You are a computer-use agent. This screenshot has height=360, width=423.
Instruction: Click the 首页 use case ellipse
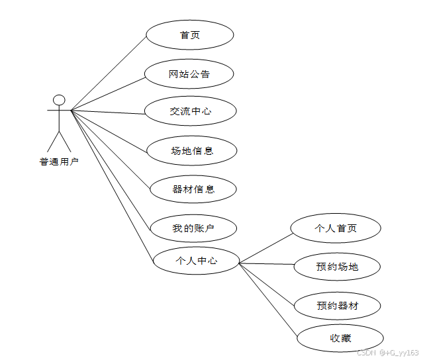pyautogui.click(x=189, y=35)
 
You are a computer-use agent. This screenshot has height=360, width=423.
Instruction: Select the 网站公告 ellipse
pyautogui.click(x=189, y=74)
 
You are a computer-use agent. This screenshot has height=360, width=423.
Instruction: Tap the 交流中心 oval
pyautogui.click(x=190, y=111)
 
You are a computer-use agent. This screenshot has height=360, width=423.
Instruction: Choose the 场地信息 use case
pyautogui.click(x=192, y=151)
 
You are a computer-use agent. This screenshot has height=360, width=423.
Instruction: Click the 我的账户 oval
pyautogui.click(x=193, y=228)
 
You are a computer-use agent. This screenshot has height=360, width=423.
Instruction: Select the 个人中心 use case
pyautogui.click(x=196, y=261)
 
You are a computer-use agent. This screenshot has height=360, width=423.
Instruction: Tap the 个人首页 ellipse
pyautogui.click(x=336, y=228)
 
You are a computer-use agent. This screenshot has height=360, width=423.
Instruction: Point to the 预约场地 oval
pyautogui.click(x=337, y=267)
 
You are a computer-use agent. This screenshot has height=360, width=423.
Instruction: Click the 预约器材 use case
pyautogui.click(x=337, y=306)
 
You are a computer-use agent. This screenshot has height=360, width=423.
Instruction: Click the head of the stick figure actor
pyautogui.click(x=59, y=100)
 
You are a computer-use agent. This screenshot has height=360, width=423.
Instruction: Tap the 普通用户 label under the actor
pyautogui.click(x=58, y=161)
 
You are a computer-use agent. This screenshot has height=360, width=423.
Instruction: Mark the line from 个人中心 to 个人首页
pyautogui.click(x=265, y=247)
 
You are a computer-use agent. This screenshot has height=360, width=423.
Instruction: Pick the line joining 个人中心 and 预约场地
pyautogui.click(x=266, y=265)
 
